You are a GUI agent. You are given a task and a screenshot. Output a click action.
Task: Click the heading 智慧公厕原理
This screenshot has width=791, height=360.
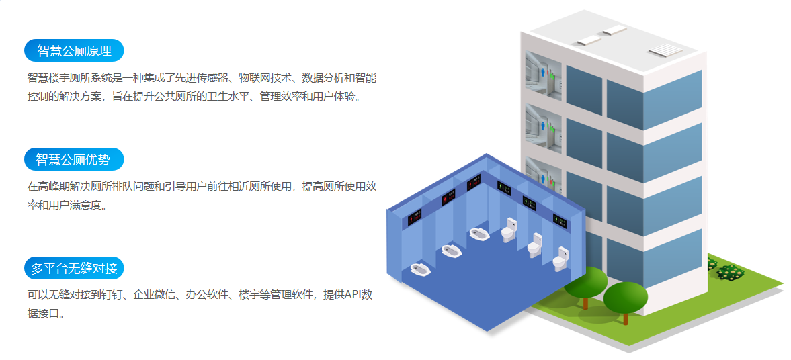(74, 50)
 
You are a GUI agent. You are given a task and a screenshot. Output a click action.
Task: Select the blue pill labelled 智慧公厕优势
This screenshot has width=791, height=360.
(74, 159)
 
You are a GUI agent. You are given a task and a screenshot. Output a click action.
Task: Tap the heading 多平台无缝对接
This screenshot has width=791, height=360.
(74, 268)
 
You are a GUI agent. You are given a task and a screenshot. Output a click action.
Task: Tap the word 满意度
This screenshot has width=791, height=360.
(89, 206)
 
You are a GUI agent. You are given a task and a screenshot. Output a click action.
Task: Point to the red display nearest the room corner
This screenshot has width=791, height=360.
(473, 183)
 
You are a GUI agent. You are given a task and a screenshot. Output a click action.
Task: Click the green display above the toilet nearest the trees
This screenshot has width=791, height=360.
(559, 220)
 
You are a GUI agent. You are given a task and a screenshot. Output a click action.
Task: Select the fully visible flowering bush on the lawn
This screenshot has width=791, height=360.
(731, 272)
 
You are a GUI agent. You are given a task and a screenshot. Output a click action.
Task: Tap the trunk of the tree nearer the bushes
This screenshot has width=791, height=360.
(626, 317)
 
